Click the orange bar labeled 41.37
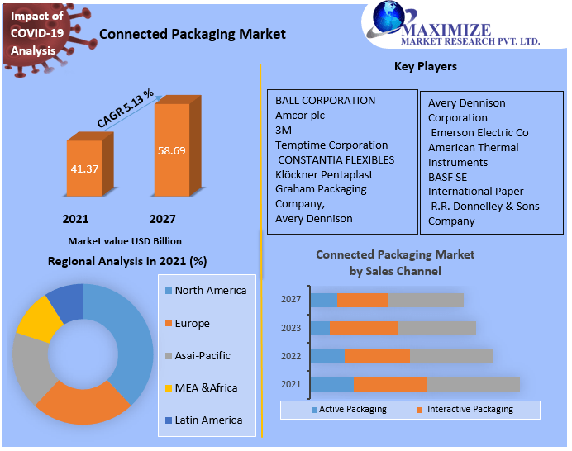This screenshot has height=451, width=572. click(84, 169)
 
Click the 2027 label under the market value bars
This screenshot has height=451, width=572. click(162, 219)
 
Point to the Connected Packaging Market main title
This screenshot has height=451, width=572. click(193, 34)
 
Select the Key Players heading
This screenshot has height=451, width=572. click(426, 66)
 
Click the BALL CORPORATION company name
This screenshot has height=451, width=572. click(325, 101)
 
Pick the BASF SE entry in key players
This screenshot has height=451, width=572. click(447, 177)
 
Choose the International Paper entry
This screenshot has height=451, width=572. click(475, 192)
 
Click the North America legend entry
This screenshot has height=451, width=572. click(210, 291)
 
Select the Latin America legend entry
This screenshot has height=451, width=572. click(208, 420)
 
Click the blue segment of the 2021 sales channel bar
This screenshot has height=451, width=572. click(331, 384)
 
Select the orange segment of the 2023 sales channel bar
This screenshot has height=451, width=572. click(364, 328)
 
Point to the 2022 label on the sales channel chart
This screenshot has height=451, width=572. click(291, 356)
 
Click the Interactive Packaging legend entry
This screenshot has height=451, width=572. click(469, 410)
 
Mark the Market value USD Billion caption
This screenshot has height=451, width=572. click(125, 241)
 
